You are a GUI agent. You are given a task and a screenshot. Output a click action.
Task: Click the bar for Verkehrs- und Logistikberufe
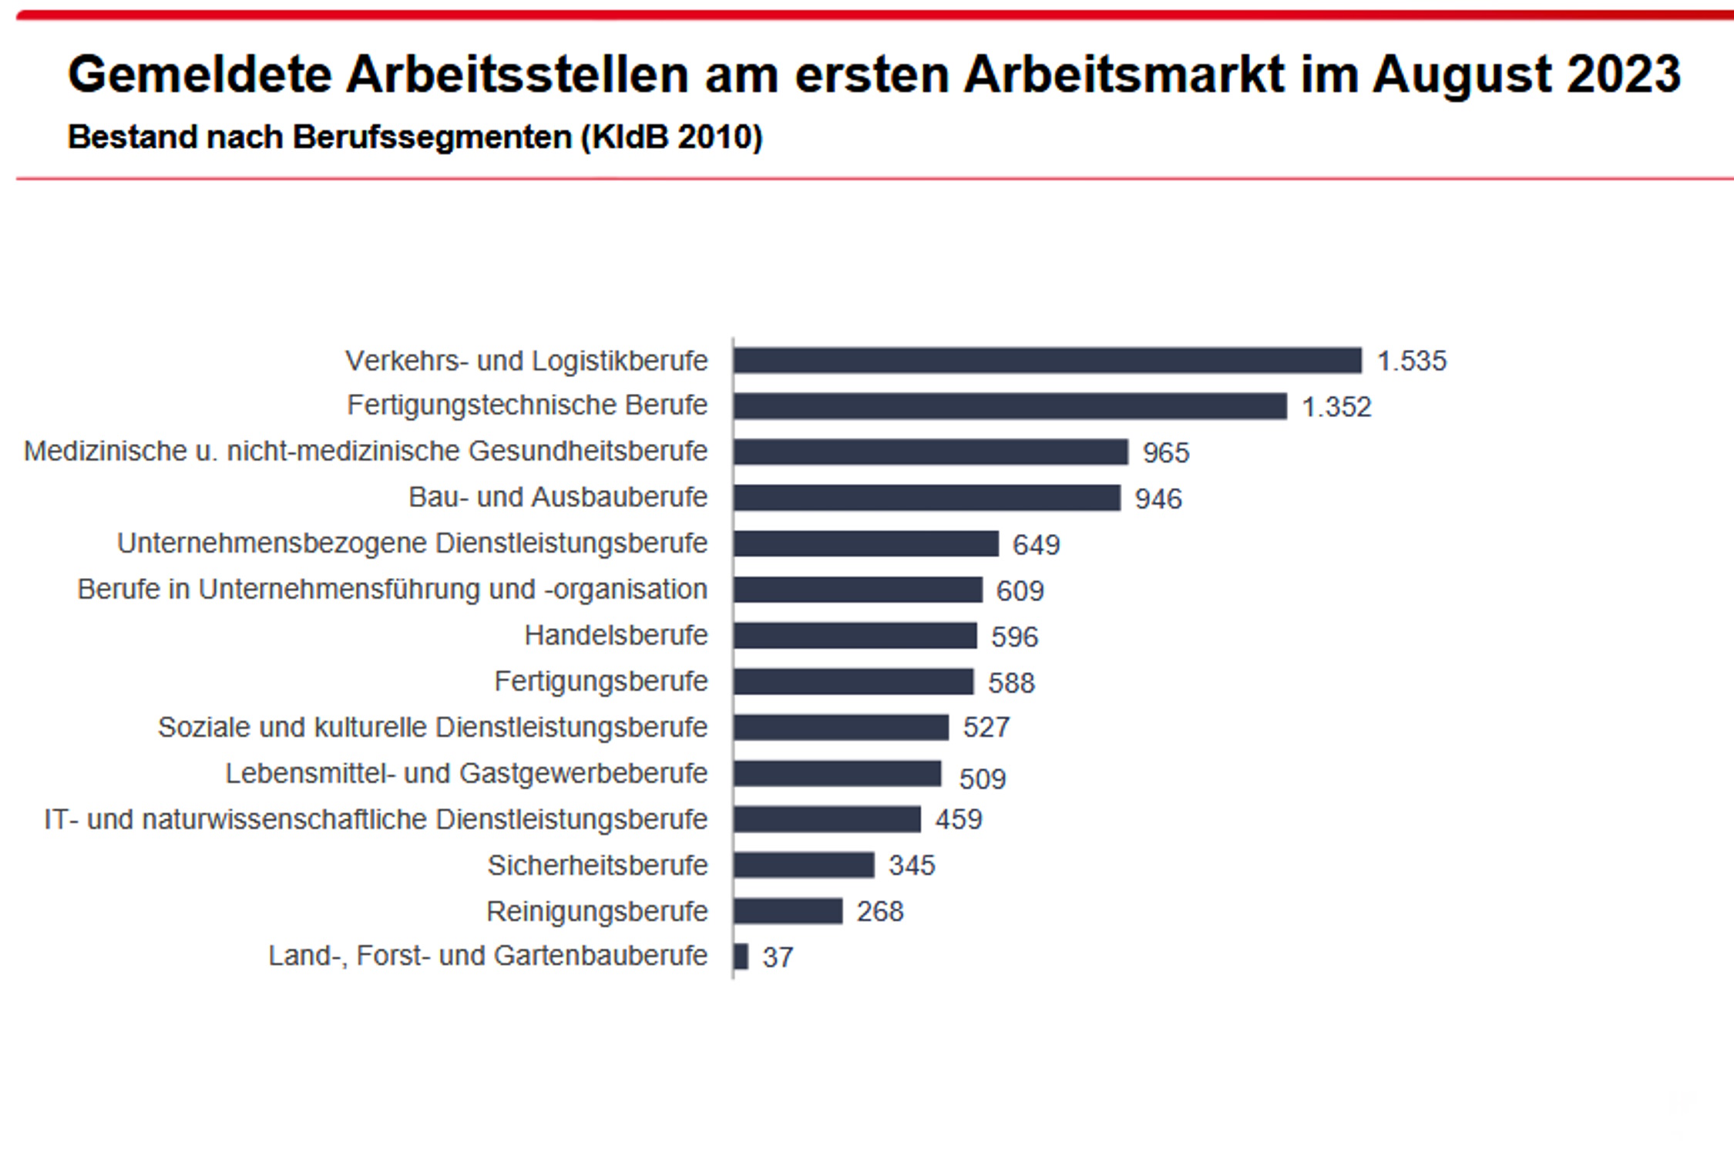[1047, 361]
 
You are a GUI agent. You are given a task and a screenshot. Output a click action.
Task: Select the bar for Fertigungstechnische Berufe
[1010, 406]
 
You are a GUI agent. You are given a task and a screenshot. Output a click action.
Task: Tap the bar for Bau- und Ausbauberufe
[926, 498]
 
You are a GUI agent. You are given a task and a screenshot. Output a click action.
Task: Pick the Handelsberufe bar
[855, 636]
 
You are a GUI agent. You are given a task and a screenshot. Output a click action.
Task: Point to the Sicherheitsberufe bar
[804, 865]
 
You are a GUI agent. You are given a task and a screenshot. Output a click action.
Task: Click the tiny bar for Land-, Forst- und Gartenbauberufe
[741, 956]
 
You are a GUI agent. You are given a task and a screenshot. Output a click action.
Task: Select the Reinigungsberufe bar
[788, 911]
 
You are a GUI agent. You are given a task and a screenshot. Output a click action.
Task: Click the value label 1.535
[1412, 361]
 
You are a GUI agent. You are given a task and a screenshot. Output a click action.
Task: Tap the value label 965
[1166, 452]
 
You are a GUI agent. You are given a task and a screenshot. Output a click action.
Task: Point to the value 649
[1036, 545]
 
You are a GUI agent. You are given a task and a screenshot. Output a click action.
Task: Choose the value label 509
[982, 778]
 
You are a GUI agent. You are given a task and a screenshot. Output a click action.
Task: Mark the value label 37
[778, 957]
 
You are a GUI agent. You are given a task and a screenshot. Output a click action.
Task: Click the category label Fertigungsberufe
[600, 681]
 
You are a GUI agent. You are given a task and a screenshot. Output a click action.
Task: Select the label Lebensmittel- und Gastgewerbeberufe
[465, 773]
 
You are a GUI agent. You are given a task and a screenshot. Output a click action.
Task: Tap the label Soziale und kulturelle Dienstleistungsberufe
[432, 727]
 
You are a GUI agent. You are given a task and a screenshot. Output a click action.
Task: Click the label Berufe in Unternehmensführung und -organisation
[392, 590]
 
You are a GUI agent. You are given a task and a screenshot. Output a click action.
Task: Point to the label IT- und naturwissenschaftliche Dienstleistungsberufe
[375, 819]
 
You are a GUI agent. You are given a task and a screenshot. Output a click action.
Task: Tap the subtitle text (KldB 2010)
[671, 137]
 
